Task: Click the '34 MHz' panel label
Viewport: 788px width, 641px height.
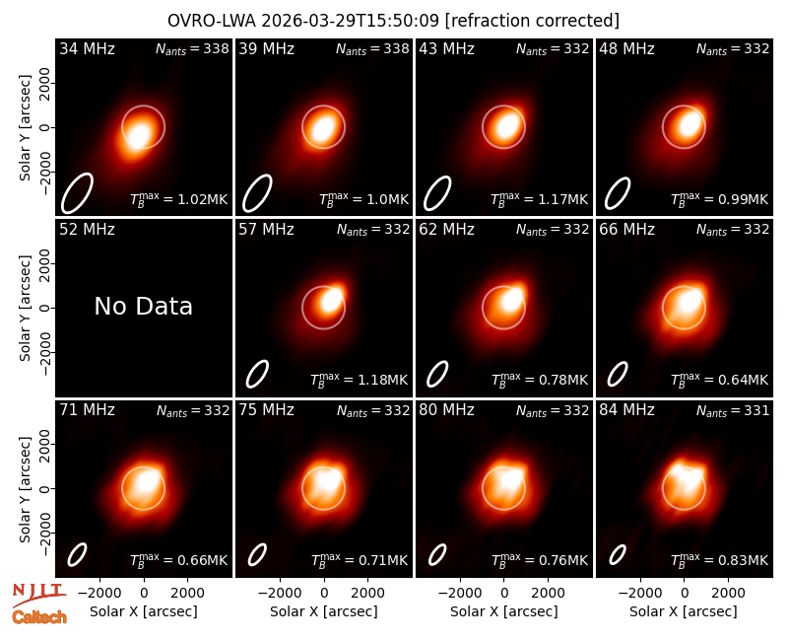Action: (87, 49)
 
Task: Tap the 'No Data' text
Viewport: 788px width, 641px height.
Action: (143, 307)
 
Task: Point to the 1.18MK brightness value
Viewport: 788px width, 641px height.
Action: (382, 381)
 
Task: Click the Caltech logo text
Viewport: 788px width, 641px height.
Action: (39, 617)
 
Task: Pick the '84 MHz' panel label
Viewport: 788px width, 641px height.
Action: (626, 410)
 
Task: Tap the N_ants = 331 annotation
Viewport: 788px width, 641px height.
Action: (733, 411)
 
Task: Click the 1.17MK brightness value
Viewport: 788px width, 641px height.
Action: (562, 200)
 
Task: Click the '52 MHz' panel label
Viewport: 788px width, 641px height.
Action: (87, 230)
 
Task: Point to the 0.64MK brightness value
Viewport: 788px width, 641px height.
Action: (744, 381)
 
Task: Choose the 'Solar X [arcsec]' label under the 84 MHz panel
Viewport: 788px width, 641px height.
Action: (684, 611)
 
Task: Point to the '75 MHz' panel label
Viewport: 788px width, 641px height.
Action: (266, 410)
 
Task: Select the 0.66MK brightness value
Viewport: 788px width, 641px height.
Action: (203, 561)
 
